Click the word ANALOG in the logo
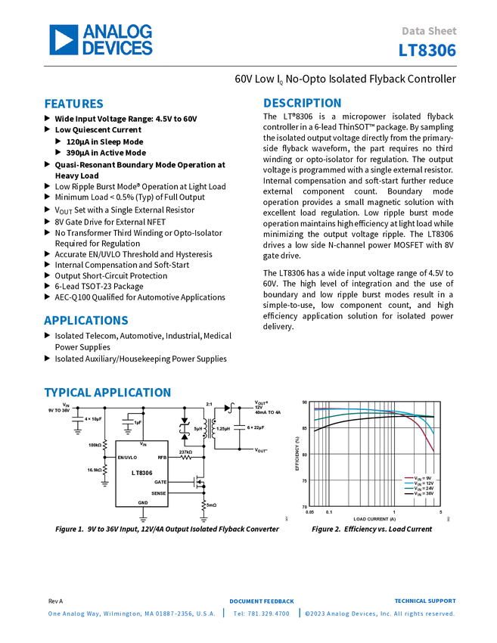(117, 32)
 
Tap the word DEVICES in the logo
(117, 48)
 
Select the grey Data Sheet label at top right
(429, 32)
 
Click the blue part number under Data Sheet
(427, 51)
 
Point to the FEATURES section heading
(74, 104)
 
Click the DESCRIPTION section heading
(303, 103)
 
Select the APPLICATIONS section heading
(86, 321)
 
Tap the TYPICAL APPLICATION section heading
(107, 393)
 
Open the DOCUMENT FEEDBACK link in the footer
(261, 601)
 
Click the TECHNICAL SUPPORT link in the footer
(426, 601)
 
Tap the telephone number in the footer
(261, 614)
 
